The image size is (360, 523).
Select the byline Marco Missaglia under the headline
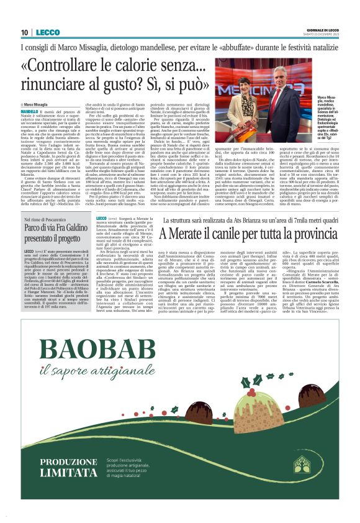point(35,104)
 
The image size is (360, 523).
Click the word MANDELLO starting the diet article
point(30,111)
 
